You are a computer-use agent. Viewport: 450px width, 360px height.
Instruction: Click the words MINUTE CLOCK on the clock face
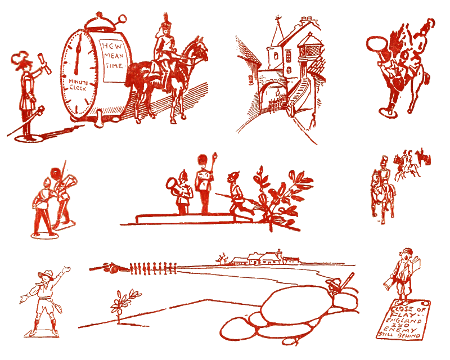(x=79, y=85)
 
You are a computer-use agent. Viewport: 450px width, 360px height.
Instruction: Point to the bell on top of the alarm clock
(x=100, y=21)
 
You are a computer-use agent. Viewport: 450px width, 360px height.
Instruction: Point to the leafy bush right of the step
(x=284, y=194)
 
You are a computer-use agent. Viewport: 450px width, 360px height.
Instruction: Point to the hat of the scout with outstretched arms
(x=45, y=274)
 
